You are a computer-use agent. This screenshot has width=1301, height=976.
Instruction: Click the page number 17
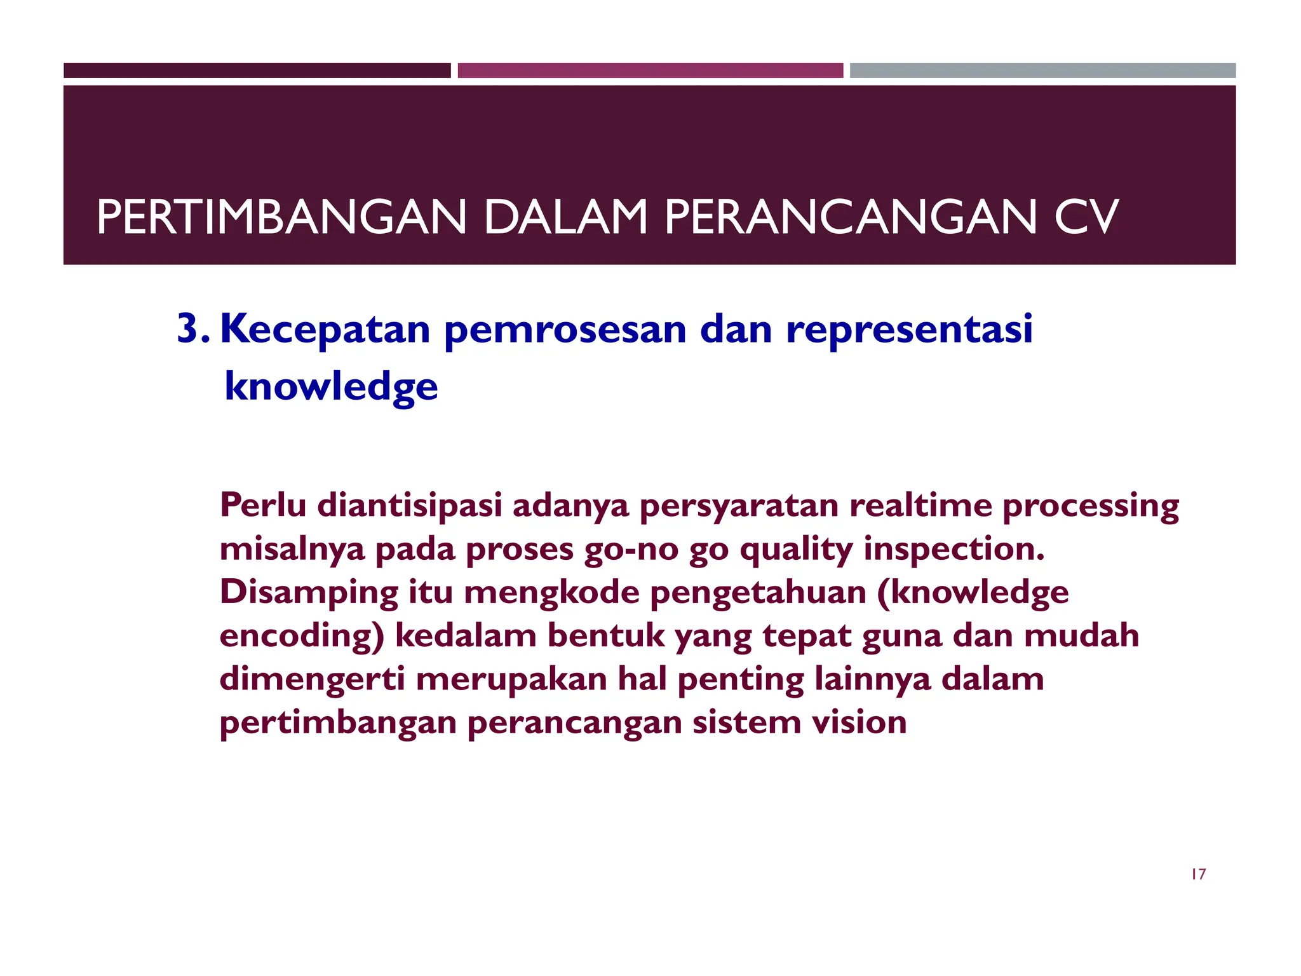tap(1198, 874)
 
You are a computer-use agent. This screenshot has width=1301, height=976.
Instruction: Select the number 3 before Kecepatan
tap(189, 329)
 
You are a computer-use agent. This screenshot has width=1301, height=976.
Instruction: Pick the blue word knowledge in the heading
tap(331, 386)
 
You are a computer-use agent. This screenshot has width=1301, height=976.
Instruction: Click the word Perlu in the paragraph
tap(263, 505)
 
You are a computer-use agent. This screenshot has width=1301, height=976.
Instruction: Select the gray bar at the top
tap(1042, 71)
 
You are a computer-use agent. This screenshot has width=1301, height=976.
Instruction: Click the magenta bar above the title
tap(650, 71)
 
